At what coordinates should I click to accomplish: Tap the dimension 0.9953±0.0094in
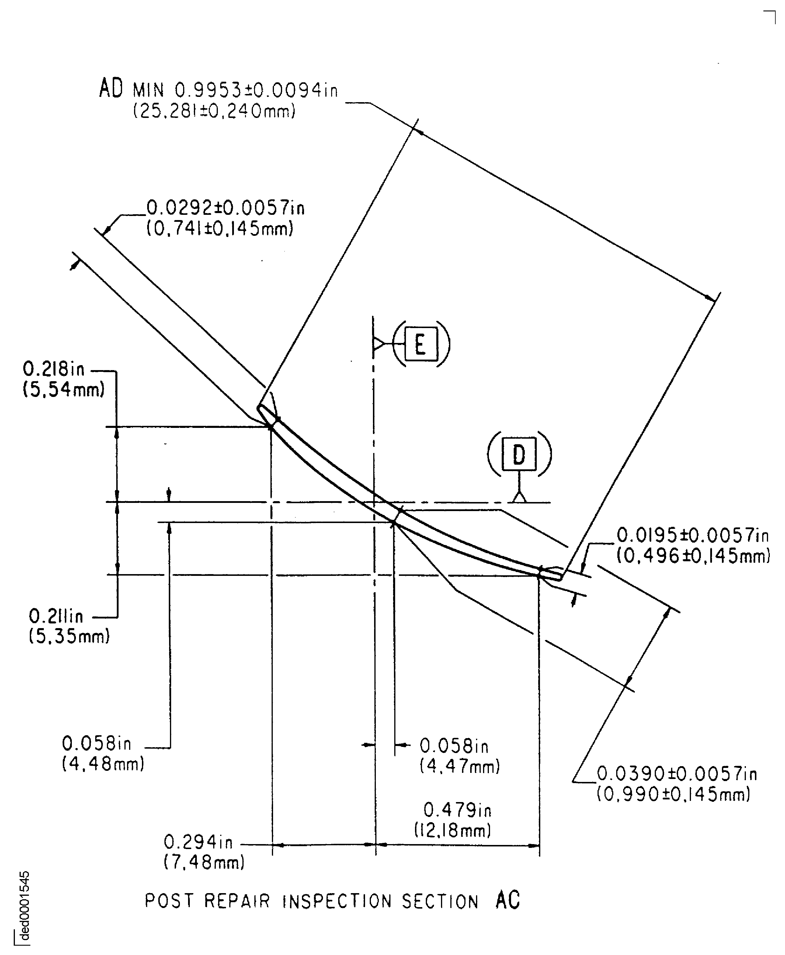click(x=256, y=90)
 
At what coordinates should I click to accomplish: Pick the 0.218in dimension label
click(x=54, y=369)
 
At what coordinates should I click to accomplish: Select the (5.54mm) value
click(x=64, y=390)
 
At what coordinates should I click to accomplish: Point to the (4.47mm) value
click(x=459, y=766)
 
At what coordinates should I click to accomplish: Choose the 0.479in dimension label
click(x=457, y=810)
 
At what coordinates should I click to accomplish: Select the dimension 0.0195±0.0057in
click(x=692, y=536)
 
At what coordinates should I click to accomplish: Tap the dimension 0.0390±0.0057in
click(x=677, y=774)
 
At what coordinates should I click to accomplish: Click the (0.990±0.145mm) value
click(x=673, y=794)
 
